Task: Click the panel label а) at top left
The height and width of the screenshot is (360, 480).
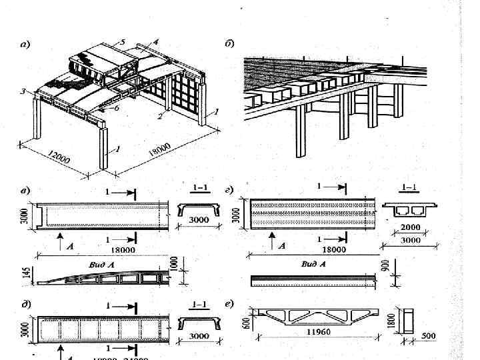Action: pos(25,46)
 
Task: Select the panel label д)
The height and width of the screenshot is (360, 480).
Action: pos(25,305)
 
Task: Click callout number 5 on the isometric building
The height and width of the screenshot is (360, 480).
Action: pos(123,42)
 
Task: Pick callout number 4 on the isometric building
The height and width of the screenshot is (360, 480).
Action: pos(155,41)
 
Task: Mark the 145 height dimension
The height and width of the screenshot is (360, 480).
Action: pos(25,272)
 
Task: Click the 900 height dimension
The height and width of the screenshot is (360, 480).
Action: pos(385,265)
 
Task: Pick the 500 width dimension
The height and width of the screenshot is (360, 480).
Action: pos(429,337)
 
